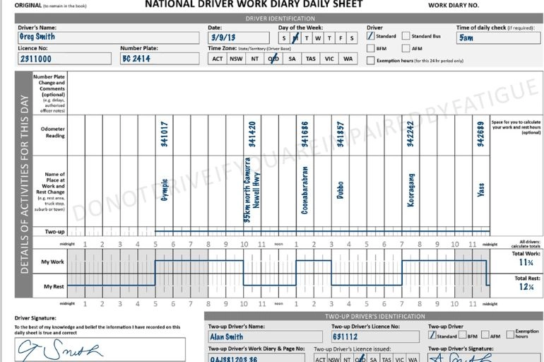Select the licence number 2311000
coord(34,59)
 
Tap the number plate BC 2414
coord(136,59)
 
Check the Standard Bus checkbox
coord(406,36)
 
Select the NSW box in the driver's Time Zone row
coord(237,59)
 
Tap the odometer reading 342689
coord(480,133)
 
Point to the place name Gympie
coord(164,189)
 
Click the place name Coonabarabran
coord(305,189)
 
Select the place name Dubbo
coord(341,189)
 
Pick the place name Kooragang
coord(411,189)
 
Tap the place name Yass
coord(480,189)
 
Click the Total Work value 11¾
coord(526,262)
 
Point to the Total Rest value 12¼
coord(526,287)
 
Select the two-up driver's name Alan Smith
coord(226,337)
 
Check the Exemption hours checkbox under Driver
coord(371,60)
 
